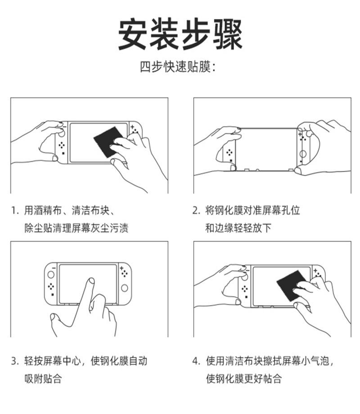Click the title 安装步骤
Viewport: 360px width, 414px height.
pos(180,34)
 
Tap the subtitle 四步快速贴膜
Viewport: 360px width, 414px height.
pos(175,67)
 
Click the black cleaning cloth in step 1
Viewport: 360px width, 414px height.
pos(108,141)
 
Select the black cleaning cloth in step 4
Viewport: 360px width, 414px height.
pos(292,285)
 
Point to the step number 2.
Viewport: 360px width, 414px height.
pos(196,210)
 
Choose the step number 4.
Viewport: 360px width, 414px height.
pos(196,361)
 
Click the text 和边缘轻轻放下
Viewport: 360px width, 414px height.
pos(238,228)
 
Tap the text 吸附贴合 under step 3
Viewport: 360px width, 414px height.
pos(43,378)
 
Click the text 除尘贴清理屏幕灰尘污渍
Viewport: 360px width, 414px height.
pos(76,228)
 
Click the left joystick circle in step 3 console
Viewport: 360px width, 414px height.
pos(51,275)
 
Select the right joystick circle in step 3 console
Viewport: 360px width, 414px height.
pos(124,288)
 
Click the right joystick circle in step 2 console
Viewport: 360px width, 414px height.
pos(303,154)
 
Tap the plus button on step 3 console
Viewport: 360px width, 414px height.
pos(121,268)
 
